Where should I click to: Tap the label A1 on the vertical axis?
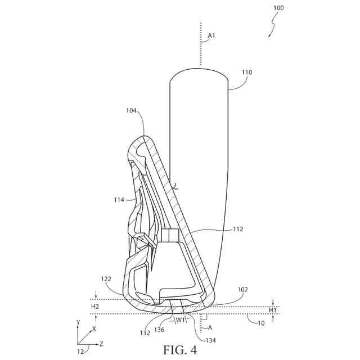point(211,35)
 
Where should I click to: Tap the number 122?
point(107,278)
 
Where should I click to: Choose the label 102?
point(243,290)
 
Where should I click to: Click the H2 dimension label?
point(96,306)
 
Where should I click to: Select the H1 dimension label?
point(272,310)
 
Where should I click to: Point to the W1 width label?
point(181,321)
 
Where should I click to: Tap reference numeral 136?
point(160,330)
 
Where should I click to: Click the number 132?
point(145,333)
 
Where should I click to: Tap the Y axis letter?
point(78,322)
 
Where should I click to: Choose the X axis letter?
point(94,329)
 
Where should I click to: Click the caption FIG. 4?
point(180,350)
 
